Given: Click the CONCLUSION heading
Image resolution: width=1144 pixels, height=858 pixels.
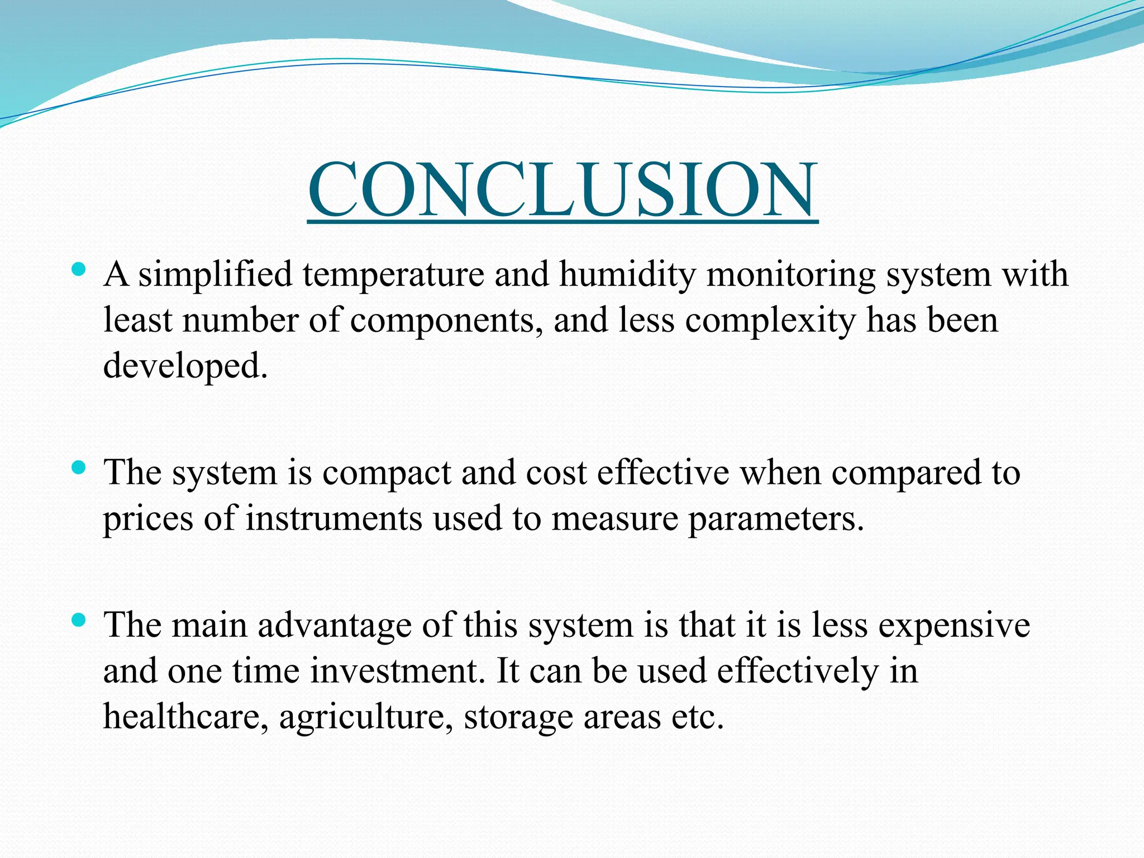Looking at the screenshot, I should [x=563, y=190].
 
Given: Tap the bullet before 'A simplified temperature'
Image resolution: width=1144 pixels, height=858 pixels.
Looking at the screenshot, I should [x=79, y=271].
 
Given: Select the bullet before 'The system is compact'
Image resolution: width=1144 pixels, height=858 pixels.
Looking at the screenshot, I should [x=79, y=467].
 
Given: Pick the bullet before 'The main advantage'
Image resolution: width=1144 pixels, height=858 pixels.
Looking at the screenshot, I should [x=79, y=619].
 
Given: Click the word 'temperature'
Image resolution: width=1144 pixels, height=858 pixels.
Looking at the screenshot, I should [x=393, y=275].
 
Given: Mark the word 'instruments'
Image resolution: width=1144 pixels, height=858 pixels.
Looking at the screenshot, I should [x=333, y=519].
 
